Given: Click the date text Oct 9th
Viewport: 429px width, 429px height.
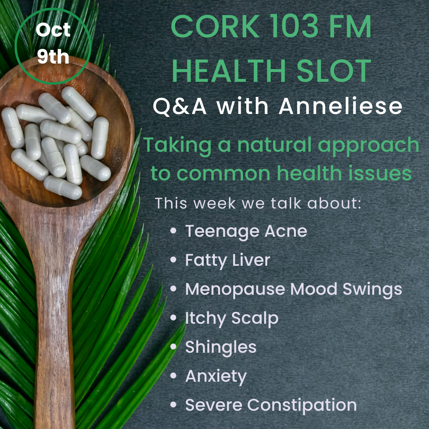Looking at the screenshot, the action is [x=53, y=43].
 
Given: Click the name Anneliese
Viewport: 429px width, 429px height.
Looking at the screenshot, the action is [x=341, y=106].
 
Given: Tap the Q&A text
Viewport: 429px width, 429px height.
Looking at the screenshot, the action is [x=180, y=106].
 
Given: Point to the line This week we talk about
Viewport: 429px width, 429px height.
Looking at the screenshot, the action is [x=258, y=203].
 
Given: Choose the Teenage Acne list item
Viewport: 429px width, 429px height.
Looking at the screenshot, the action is [x=246, y=232].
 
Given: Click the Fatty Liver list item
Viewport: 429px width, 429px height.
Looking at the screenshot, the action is [x=228, y=260].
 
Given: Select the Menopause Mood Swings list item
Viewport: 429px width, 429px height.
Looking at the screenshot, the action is [x=294, y=290].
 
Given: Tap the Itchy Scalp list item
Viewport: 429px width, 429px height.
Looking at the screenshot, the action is [x=232, y=319].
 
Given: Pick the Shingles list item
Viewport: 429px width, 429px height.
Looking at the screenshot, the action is [x=221, y=348].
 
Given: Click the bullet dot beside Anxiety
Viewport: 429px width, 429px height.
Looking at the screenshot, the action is [x=173, y=376].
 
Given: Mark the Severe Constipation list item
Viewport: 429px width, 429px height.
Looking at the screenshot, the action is [x=271, y=405].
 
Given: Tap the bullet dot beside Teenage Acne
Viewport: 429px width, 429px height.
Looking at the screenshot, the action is [x=173, y=231].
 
